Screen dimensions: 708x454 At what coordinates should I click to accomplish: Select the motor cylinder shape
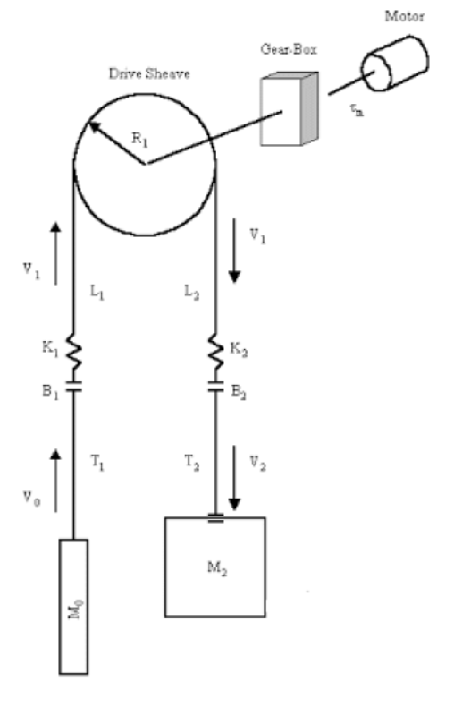[x=392, y=62]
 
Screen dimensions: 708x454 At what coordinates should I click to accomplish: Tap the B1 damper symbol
[x=74, y=392]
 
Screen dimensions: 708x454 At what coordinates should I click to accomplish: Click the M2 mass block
[x=215, y=567]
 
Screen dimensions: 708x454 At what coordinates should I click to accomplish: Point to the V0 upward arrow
[x=55, y=479]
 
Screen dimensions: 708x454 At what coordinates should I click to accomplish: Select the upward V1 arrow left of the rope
[x=55, y=254]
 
